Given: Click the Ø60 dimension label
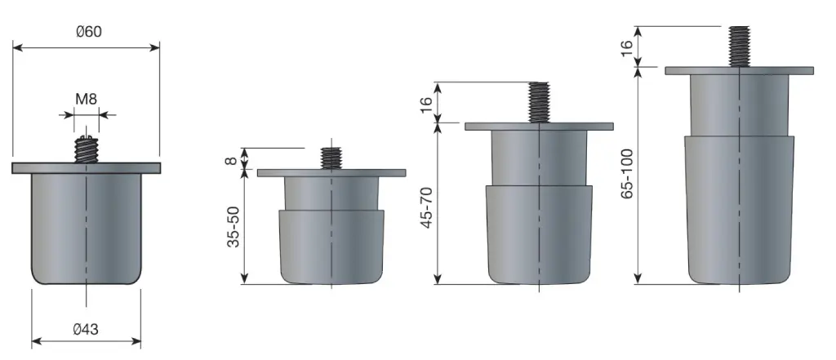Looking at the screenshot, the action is (88, 32).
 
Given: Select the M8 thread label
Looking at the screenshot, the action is (87, 99).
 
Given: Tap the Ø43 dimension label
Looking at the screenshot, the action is (86, 330).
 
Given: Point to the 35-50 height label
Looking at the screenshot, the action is (233, 226).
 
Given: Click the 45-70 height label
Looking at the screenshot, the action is (427, 207).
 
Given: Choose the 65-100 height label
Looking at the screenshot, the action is (628, 174).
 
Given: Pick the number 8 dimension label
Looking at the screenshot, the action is (231, 159).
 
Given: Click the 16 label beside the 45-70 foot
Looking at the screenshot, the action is (426, 104).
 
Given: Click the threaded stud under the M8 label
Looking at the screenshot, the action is (87, 149).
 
